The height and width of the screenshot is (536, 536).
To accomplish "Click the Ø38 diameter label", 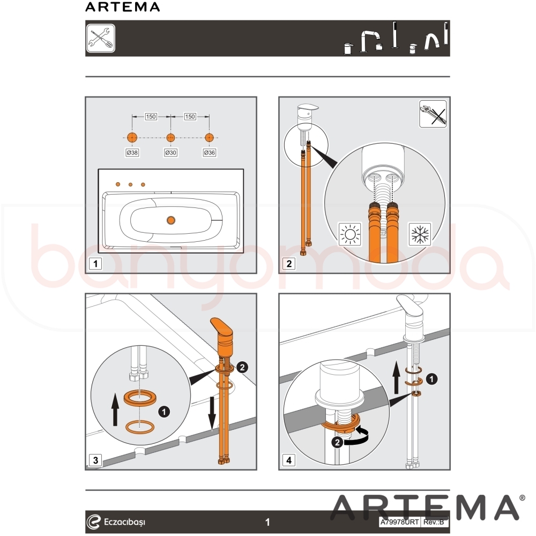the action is [132, 152].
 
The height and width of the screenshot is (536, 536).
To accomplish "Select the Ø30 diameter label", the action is [170, 152].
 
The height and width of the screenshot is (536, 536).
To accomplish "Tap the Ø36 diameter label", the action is [209, 152].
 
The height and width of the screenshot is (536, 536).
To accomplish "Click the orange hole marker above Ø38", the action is [132, 138].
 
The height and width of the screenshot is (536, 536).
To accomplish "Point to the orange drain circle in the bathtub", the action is [171, 220].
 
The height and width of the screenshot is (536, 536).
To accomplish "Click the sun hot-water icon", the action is [349, 234].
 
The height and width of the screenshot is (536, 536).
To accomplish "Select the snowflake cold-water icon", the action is [420, 234].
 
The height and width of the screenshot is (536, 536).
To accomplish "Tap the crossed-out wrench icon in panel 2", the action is [433, 114].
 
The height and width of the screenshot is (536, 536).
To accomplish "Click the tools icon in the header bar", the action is [101, 38].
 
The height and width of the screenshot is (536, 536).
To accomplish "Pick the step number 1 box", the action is [95, 264].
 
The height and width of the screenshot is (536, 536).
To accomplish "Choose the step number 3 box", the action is [95, 460].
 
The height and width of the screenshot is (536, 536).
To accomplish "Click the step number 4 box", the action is [289, 460].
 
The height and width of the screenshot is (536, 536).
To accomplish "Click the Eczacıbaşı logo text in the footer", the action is [124, 522].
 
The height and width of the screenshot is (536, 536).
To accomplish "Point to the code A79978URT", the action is [400, 522].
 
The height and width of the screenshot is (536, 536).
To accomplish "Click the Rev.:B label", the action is [434, 522].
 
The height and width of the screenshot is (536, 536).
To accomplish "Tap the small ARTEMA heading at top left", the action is [122, 7].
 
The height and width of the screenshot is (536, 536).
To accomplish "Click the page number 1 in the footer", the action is [267, 522].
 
